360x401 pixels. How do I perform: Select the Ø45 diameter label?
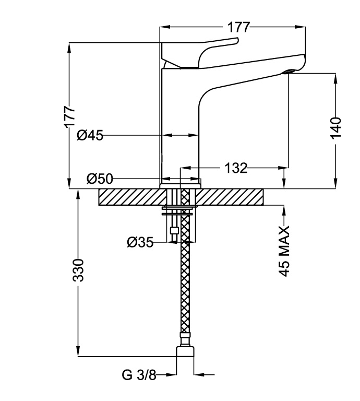[89, 135]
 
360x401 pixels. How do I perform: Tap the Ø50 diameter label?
[100, 179]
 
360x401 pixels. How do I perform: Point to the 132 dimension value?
[235, 168]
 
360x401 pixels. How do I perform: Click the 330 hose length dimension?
[78, 270]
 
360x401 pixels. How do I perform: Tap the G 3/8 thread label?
[139, 374]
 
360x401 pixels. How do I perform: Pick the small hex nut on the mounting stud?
[174, 230]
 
